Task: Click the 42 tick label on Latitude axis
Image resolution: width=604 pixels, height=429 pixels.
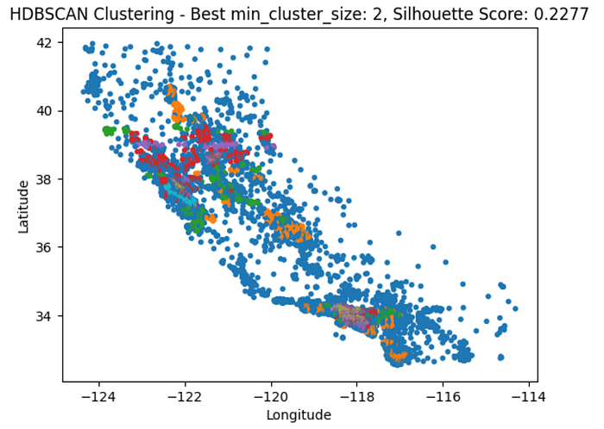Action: [45, 43]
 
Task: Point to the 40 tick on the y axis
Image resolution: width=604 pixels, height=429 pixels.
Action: [45, 111]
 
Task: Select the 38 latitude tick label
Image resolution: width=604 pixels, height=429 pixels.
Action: [45, 179]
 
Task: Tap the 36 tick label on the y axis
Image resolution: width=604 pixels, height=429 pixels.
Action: [45, 247]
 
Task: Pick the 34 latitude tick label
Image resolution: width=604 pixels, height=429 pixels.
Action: [45, 315]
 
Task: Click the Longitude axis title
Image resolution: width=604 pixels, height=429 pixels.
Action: [299, 414]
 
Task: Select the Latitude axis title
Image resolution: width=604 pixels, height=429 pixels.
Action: [24, 205]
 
